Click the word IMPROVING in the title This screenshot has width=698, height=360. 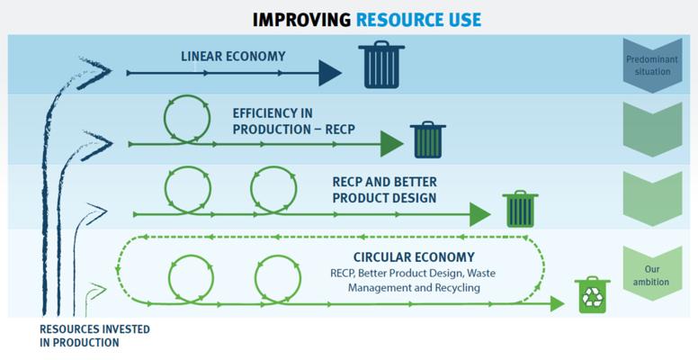301,19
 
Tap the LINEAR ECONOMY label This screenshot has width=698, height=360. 233,57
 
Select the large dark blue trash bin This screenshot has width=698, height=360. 381,66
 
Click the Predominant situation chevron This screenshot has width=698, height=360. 652,66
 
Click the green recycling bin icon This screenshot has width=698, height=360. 592,295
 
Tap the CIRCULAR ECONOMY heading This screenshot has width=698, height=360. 414,257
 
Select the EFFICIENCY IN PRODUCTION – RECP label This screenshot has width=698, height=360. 293,121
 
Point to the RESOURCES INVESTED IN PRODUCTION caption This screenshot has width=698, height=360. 94,336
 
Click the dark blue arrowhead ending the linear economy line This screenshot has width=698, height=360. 330,73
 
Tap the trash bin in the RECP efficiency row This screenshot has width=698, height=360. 427,140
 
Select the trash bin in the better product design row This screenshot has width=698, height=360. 520,210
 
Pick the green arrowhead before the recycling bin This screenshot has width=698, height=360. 559,305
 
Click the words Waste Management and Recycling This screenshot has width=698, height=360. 414,281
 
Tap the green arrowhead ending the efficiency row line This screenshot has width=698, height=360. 391,144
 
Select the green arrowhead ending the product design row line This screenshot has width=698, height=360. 480,214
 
